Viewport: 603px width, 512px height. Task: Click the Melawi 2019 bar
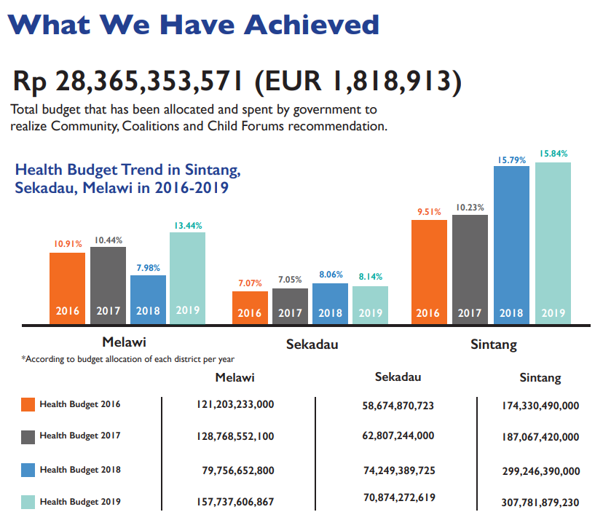click(x=188, y=277)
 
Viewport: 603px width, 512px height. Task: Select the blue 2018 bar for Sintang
click(x=511, y=244)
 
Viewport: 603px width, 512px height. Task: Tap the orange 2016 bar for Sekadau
click(x=250, y=307)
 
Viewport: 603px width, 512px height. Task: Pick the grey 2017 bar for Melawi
click(x=108, y=284)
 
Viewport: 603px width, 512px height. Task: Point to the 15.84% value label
click(x=553, y=154)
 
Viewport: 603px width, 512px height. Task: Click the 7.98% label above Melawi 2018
click(x=149, y=267)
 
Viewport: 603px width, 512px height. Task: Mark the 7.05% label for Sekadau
click(x=290, y=280)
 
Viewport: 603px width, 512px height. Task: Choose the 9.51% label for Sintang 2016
click(x=429, y=212)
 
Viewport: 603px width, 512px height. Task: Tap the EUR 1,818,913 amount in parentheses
click(x=358, y=81)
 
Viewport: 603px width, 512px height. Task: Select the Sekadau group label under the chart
click(x=312, y=344)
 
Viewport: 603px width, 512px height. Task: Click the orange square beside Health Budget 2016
click(x=28, y=405)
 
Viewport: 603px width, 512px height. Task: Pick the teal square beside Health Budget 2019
click(x=28, y=502)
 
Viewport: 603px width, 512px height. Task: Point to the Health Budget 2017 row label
click(x=80, y=436)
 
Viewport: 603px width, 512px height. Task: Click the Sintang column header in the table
click(x=540, y=378)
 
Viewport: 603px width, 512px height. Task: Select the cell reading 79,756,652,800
click(x=238, y=470)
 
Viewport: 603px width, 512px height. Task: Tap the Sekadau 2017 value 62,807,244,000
click(x=398, y=436)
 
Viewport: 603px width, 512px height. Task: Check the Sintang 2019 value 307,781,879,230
click(x=540, y=502)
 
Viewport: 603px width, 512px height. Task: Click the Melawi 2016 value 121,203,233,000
click(x=234, y=403)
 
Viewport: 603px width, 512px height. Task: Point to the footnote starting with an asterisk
click(x=127, y=359)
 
